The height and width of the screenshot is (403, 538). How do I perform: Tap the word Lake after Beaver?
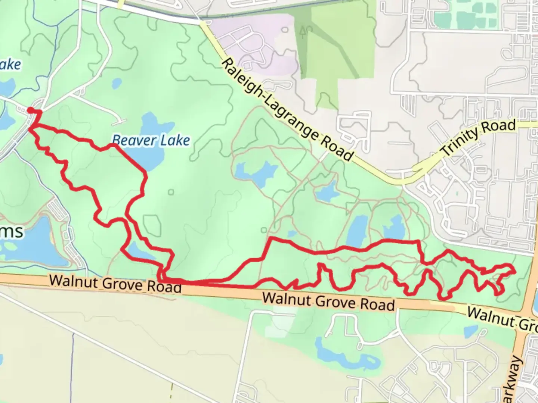175,141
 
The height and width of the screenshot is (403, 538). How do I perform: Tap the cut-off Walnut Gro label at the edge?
502,319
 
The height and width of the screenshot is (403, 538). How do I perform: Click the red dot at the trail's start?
30,110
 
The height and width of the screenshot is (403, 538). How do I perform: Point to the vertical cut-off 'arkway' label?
515,379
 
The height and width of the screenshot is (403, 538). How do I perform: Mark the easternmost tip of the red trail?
515,271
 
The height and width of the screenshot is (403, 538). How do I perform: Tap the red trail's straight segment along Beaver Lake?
129,159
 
